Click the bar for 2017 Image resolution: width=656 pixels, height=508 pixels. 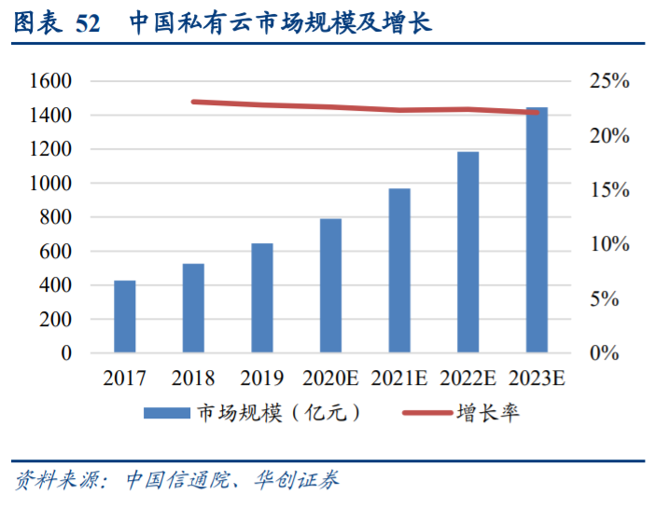pos(125,317)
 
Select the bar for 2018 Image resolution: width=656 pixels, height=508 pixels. pos(193,309)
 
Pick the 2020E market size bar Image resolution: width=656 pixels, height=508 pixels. pos(330,286)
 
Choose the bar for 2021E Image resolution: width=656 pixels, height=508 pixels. pos(399,270)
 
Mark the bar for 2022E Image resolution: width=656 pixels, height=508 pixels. pos(468,252)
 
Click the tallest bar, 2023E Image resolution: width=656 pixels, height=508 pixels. pos(537,230)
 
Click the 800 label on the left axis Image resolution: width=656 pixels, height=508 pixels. pos(56,217)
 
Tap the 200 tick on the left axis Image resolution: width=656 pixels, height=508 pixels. pos(56,320)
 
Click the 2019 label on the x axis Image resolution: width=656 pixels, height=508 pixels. pos(262,378)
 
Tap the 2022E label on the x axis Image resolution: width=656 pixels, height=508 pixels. pos(468,378)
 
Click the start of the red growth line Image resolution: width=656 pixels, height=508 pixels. pos(193,102)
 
